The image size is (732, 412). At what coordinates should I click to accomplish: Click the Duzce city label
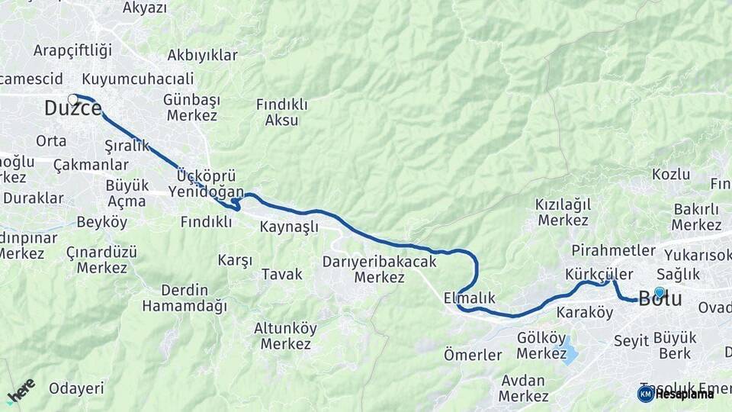pyautogui.click(x=72, y=109)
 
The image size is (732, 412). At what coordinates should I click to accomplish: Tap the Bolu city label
pyautogui.click(x=660, y=299)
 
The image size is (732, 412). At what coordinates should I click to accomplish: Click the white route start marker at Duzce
pyautogui.click(x=73, y=99)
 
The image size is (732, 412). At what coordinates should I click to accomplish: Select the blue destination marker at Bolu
pyautogui.click(x=660, y=291)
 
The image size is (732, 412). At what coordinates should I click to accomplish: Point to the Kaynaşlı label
pyautogui.click(x=289, y=227)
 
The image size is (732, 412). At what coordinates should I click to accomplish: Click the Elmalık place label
pyautogui.click(x=469, y=298)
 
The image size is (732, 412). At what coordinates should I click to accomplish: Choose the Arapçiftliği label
pyautogui.click(x=72, y=50)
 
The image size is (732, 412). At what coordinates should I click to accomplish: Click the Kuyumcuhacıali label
pyautogui.click(x=137, y=79)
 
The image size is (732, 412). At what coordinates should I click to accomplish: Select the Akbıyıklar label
pyautogui.click(x=202, y=55)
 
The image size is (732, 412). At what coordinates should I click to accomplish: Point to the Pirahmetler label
pyautogui.click(x=613, y=250)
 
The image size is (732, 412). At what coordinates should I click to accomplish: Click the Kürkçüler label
pyautogui.click(x=599, y=274)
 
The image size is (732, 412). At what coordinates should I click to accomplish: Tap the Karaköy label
pyautogui.click(x=585, y=312)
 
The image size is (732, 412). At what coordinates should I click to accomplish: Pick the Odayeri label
pyautogui.click(x=76, y=388)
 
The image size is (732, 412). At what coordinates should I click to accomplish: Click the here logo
pyautogui.click(x=21, y=391)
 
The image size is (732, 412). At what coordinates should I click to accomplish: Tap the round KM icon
pyautogui.click(x=645, y=394)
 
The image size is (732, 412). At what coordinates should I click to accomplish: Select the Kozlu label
pyautogui.click(x=670, y=174)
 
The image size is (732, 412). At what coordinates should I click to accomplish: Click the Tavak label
pyautogui.click(x=282, y=274)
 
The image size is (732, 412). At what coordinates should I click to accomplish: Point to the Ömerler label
pyautogui.click(x=473, y=355)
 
